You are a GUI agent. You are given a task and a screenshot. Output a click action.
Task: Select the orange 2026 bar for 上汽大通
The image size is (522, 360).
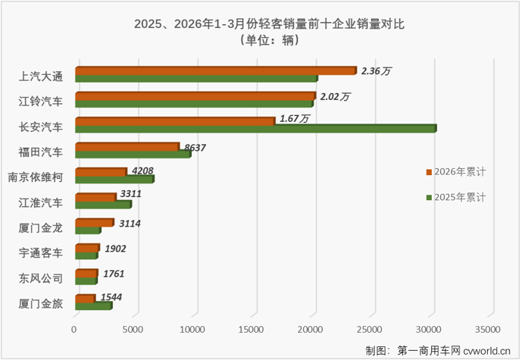point(215,70)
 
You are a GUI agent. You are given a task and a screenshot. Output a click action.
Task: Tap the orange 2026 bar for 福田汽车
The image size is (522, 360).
point(127,146)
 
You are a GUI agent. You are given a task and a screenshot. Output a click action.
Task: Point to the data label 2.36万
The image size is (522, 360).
point(377,71)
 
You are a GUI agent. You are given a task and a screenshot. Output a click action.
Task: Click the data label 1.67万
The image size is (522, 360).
point(295,118)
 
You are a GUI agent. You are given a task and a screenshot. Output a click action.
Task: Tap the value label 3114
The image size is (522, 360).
point(130,224)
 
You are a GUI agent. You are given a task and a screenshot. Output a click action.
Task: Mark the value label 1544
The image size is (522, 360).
point(111,299)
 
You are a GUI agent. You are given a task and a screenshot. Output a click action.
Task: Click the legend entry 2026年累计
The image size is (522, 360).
point(459,172)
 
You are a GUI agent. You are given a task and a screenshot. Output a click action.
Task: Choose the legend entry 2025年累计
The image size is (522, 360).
point(459,197)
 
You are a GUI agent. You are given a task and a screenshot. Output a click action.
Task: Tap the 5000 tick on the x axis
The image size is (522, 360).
point(134,330)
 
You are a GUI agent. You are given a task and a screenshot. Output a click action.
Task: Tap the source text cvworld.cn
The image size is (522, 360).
point(487,350)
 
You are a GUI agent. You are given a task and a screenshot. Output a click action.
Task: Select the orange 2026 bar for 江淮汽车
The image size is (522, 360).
point(95,197)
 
